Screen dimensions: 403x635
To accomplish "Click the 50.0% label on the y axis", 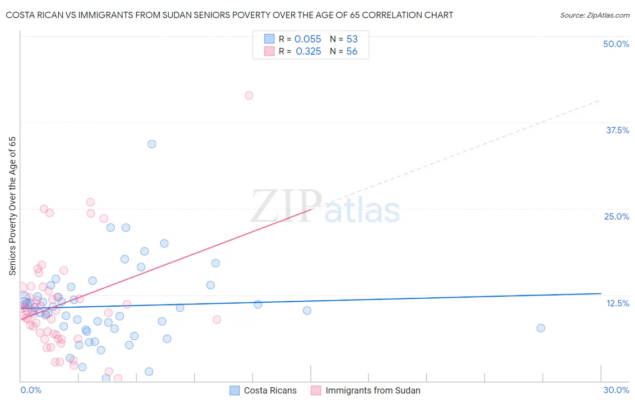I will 616,44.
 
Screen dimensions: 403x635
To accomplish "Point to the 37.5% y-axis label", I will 617,130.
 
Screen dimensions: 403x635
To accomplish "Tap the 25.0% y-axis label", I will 616,216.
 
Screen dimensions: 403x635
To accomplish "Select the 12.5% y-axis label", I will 617,303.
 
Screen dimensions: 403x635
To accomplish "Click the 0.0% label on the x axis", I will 31,390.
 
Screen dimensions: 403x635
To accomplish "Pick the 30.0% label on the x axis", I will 616,390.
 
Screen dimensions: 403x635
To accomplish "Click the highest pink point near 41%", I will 249,95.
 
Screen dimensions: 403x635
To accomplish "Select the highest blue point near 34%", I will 152,144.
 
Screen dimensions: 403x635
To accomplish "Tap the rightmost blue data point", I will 541,328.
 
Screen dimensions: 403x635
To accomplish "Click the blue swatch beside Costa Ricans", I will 234,390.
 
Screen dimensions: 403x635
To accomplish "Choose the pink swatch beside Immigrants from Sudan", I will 316,390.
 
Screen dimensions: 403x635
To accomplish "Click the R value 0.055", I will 308,39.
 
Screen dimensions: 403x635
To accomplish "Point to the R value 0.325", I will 308,52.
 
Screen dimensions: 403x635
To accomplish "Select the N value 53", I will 352,39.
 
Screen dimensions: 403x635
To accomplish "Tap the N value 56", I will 352,52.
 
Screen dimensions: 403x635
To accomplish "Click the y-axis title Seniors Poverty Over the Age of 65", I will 13,206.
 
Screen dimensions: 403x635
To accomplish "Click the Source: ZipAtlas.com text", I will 594,15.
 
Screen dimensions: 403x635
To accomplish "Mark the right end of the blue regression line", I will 601,294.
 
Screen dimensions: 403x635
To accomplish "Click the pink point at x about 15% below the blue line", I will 217,319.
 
